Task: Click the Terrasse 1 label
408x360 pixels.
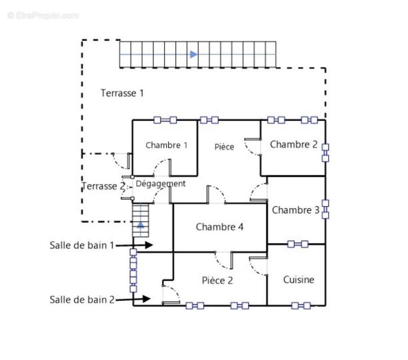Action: [122, 93]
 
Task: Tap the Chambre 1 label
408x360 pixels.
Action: [167, 145]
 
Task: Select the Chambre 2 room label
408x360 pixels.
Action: [294, 144]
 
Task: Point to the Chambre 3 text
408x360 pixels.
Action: [295, 210]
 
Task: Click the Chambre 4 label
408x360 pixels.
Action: [220, 227]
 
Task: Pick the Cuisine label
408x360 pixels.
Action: [299, 280]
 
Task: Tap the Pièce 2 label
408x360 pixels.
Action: [217, 280]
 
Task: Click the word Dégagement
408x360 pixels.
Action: [161, 184]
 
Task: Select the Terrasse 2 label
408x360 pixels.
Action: [104, 186]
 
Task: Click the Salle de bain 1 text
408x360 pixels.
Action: [82, 245]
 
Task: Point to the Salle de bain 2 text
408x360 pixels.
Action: [82, 300]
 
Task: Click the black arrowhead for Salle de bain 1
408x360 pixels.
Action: [149, 245]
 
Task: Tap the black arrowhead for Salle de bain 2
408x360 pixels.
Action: [147, 299]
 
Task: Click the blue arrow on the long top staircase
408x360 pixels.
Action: [194, 54]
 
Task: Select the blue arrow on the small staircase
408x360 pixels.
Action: [141, 225]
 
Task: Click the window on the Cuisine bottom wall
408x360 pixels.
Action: [301, 306]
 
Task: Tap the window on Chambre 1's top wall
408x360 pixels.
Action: [165, 120]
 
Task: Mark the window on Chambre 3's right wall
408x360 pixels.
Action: [325, 209]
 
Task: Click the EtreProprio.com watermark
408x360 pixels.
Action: [43, 16]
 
